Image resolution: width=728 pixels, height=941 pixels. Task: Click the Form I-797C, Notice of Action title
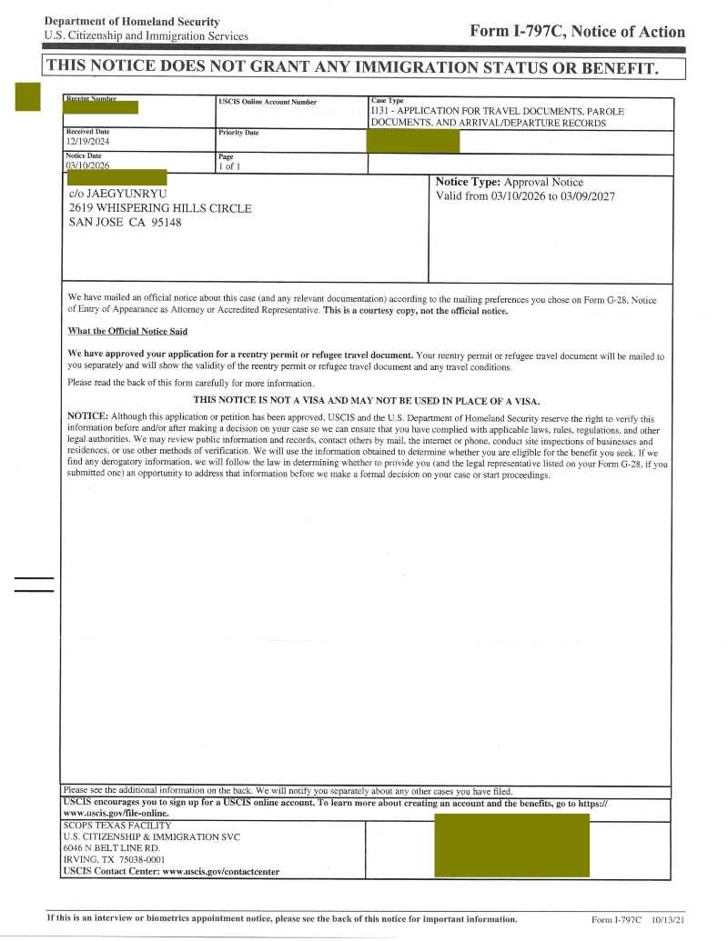pyautogui.click(x=577, y=31)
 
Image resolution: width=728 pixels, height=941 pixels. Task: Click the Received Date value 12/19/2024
pyautogui.click(x=87, y=142)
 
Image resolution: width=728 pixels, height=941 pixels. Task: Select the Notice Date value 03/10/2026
pyautogui.click(x=87, y=165)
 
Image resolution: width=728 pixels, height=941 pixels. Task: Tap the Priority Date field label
pyautogui.click(x=238, y=133)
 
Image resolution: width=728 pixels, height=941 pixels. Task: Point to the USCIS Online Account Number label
pyautogui.click(x=268, y=102)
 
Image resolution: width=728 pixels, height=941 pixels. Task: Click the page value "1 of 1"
pyautogui.click(x=229, y=166)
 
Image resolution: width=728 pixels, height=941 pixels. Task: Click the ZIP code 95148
pyautogui.click(x=163, y=222)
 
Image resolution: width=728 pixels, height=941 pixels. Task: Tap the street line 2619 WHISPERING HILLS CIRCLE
pyautogui.click(x=160, y=208)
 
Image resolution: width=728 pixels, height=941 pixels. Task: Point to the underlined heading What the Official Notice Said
pyautogui.click(x=127, y=331)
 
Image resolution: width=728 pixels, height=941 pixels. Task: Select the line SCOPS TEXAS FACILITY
pyautogui.click(x=116, y=826)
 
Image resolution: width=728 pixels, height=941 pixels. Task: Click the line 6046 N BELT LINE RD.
pyautogui.click(x=112, y=847)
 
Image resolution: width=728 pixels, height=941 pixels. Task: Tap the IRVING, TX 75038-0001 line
pyautogui.click(x=114, y=859)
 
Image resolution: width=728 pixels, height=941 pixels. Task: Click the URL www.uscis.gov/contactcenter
pyautogui.click(x=220, y=871)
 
